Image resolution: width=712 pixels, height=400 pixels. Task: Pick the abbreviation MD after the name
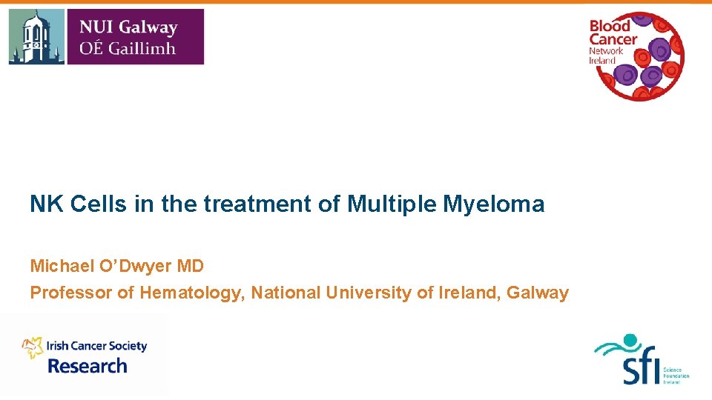tap(190, 265)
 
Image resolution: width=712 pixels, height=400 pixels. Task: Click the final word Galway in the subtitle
tap(538, 293)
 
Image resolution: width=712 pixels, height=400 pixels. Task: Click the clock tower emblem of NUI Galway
tap(36, 37)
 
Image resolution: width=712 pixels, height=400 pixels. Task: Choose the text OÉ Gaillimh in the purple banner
tap(127, 48)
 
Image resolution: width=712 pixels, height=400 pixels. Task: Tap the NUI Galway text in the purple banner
tap(128, 27)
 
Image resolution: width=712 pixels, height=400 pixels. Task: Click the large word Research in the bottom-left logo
tap(88, 366)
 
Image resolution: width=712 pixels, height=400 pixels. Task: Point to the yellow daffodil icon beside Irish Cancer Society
tap(33, 346)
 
